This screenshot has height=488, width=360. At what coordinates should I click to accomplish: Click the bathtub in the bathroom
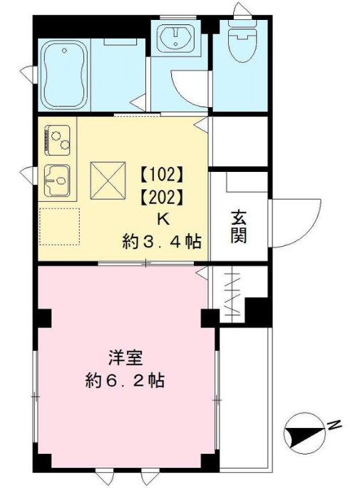pyautogui.click(x=64, y=75)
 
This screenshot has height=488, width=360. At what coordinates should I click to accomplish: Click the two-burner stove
pyautogui.click(x=58, y=141)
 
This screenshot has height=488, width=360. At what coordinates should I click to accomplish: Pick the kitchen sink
pyautogui.click(x=57, y=181)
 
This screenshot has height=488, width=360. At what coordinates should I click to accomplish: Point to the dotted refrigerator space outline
pyautogui.click(x=59, y=226)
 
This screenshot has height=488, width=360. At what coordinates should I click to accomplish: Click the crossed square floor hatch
pyautogui.click(x=108, y=181)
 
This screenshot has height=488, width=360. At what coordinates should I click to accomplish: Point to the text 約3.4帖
pyautogui.click(x=162, y=242)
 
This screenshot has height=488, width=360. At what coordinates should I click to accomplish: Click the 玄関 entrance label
pyautogui.click(x=239, y=227)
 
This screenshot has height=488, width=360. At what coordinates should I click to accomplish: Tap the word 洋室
pyautogui.click(x=125, y=358)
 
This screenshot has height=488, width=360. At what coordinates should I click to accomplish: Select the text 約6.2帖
pyautogui.click(x=125, y=380)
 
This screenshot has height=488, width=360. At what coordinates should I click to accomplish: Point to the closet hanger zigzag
pyautogui.click(x=232, y=293)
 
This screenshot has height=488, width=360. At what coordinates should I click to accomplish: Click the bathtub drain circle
pyautogui.click(x=64, y=51)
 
